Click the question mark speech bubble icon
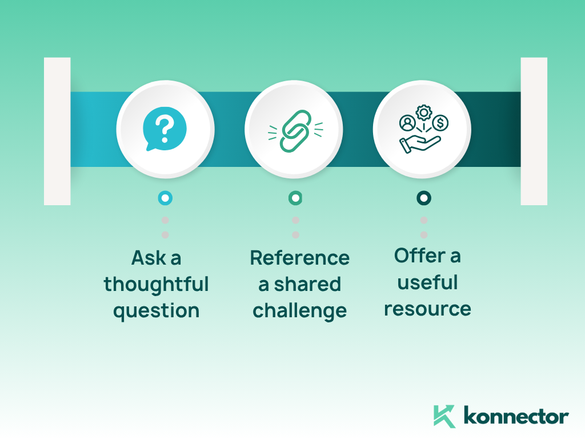[165, 129]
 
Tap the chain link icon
[295, 131]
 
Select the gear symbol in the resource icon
[423, 113]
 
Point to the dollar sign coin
[440, 122]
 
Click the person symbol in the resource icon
[407, 123]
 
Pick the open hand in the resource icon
[420, 143]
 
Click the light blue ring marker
[165, 198]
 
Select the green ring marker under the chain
[295, 198]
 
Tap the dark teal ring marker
[423, 198]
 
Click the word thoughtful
[156, 285]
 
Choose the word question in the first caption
[157, 311]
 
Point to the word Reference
[299, 258]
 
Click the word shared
[307, 284]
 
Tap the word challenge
[299, 311]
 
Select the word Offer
[420, 256]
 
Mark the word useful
[427, 282]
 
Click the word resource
[427, 309]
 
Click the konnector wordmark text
[516, 416]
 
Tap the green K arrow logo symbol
[444, 416]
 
